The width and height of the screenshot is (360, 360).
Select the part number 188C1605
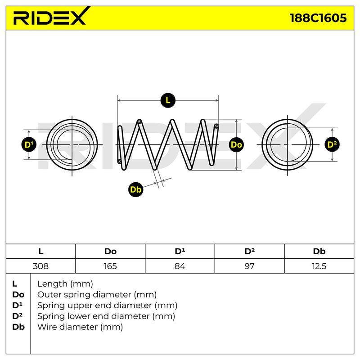pyautogui.click(x=318, y=18)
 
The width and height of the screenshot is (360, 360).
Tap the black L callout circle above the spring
pyautogui.click(x=168, y=100)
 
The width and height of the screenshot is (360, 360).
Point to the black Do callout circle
pyautogui.click(x=236, y=144)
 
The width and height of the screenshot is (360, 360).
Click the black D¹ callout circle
pyautogui.click(x=29, y=144)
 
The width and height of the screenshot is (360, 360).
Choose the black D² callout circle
pyautogui.click(x=332, y=144)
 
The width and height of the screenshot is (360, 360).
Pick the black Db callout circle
pyautogui.click(x=135, y=189)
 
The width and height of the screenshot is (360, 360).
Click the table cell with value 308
pyautogui.click(x=40, y=266)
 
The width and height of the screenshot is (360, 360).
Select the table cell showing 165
pyautogui.click(x=110, y=266)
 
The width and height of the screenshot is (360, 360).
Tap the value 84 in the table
pyautogui.click(x=180, y=266)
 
